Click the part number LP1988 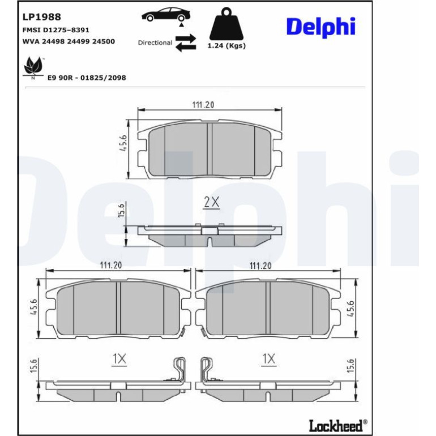pyautogui.click(x=41, y=17)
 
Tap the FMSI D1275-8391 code pyautogui.click(x=55, y=30)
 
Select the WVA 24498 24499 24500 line pyautogui.click(x=69, y=41)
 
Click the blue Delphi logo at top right pyautogui.click(x=321, y=27)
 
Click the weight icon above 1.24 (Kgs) pyautogui.click(x=226, y=24)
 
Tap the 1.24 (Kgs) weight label pyautogui.click(x=226, y=46)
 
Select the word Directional pyautogui.click(x=155, y=43)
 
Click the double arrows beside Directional pyautogui.click(x=186, y=43)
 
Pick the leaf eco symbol pyautogui.click(x=33, y=67)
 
